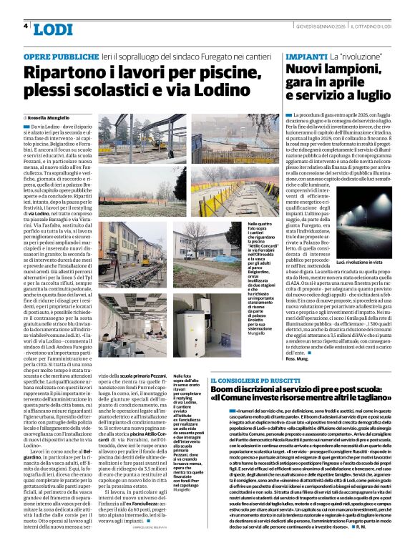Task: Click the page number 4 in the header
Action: pos(26,26)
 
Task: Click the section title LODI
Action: pos(52,29)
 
